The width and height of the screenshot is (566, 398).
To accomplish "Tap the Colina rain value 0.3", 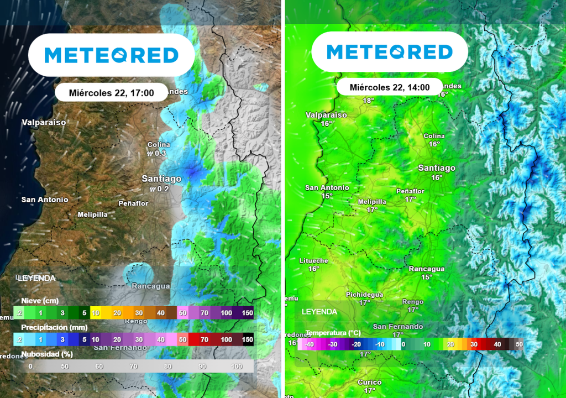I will [160, 153].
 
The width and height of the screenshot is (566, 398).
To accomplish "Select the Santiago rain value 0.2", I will [163, 189].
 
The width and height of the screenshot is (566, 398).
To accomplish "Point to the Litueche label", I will [313, 260].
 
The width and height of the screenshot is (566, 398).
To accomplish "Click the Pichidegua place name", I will [364, 295].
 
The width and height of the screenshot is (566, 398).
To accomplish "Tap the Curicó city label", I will [369, 383].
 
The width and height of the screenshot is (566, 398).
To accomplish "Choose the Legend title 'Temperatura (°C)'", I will [333, 333].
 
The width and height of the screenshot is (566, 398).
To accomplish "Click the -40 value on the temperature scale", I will [310, 344].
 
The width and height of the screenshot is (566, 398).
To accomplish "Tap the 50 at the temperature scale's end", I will [518, 344].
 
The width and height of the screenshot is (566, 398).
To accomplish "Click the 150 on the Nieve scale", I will [247, 313].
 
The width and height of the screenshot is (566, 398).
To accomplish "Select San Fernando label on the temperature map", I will [397, 327].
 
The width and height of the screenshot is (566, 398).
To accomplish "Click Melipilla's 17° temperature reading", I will [372, 210].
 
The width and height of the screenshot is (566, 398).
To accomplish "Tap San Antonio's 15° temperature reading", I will [327, 196].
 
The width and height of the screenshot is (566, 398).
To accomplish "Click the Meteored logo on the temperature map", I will [390, 53].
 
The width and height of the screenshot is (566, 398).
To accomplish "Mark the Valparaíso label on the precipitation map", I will [44, 122].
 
